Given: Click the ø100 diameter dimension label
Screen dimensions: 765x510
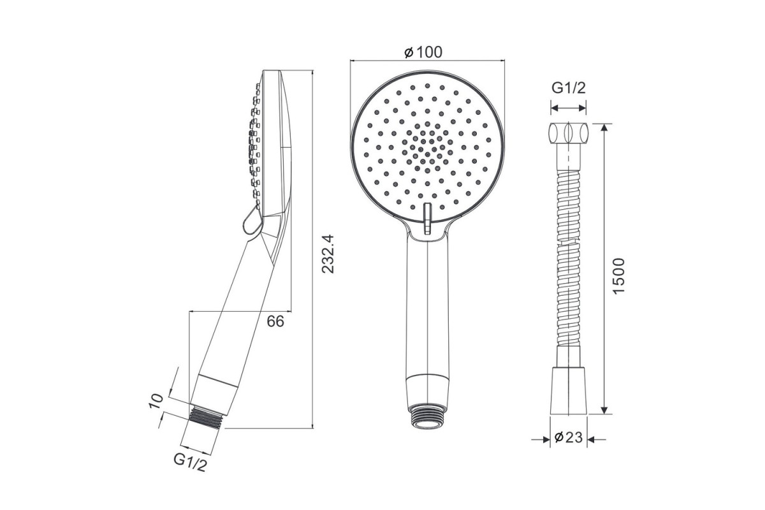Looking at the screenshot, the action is coord(423,52).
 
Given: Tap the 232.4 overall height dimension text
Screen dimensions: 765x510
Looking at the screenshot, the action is coord(328,254).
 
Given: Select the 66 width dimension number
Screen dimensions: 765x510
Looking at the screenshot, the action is coord(275,321).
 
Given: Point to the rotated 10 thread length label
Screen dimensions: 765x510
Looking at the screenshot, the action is coord(156,401).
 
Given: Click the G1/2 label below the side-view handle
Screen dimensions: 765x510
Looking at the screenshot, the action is coord(190,462).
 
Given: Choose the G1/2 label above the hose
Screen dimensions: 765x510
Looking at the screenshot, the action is coord(569,88).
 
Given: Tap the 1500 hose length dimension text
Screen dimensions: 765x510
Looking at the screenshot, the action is coord(618,275).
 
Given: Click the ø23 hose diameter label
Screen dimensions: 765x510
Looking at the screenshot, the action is coord(568,437).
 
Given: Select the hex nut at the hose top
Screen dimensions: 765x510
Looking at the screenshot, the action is coord(569,133).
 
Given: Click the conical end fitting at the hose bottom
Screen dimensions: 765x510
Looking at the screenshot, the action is coord(569,391).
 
